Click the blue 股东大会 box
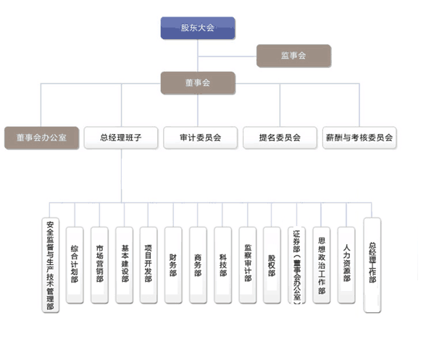tap(198, 28)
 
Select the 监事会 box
tap(293, 56)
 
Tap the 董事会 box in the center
tap(198, 83)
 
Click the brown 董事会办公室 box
tap(41, 138)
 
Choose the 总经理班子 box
tap(121, 138)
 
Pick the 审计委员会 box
tap(201, 138)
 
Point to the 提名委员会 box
tap(280, 138)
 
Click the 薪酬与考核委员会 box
tap(359, 138)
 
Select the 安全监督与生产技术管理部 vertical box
tap(51, 265)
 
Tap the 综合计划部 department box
tap(75, 265)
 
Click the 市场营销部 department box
tap(99, 265)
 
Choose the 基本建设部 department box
tap(124, 265)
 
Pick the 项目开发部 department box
tap(149, 265)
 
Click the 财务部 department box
tap(173, 265)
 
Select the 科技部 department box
tap(223, 265)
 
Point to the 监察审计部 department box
tap(248, 265)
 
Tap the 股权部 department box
tap(272, 265)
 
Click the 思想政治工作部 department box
tap(322, 265)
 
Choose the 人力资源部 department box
tap(346, 265)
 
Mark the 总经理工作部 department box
tap(372, 265)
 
